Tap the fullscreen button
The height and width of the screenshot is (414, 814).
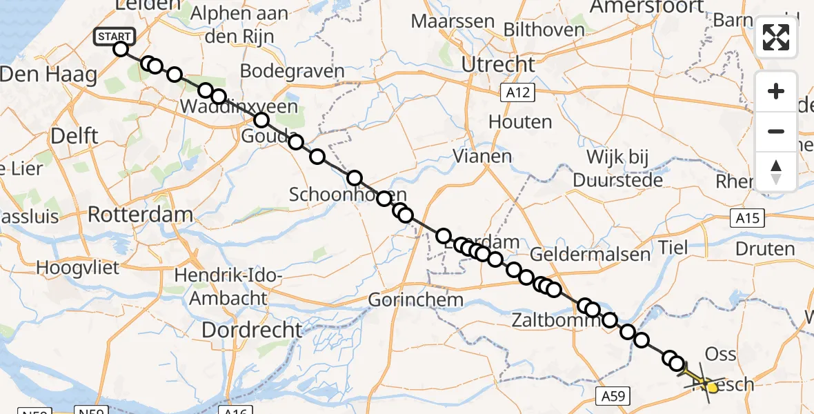(x=776, y=37)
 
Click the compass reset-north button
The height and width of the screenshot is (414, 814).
(x=776, y=171)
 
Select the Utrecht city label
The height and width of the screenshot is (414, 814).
(x=498, y=65)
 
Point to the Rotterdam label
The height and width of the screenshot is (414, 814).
(x=140, y=214)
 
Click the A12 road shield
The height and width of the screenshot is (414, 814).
(x=517, y=91)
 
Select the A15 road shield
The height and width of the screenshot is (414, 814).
(x=746, y=219)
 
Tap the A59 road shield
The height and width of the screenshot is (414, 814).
(x=611, y=395)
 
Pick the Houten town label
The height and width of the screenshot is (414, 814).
(x=520, y=122)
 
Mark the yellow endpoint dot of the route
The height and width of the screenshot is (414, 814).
(x=711, y=388)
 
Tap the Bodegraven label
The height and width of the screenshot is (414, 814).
(x=292, y=71)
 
